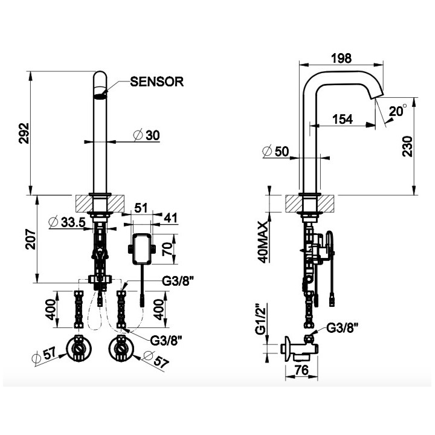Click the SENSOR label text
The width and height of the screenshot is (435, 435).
click(157, 82)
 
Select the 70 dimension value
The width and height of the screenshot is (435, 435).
click(169, 248)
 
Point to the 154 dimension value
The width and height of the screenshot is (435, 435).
click(343, 119)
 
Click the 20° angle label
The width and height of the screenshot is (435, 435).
click(398, 111)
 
